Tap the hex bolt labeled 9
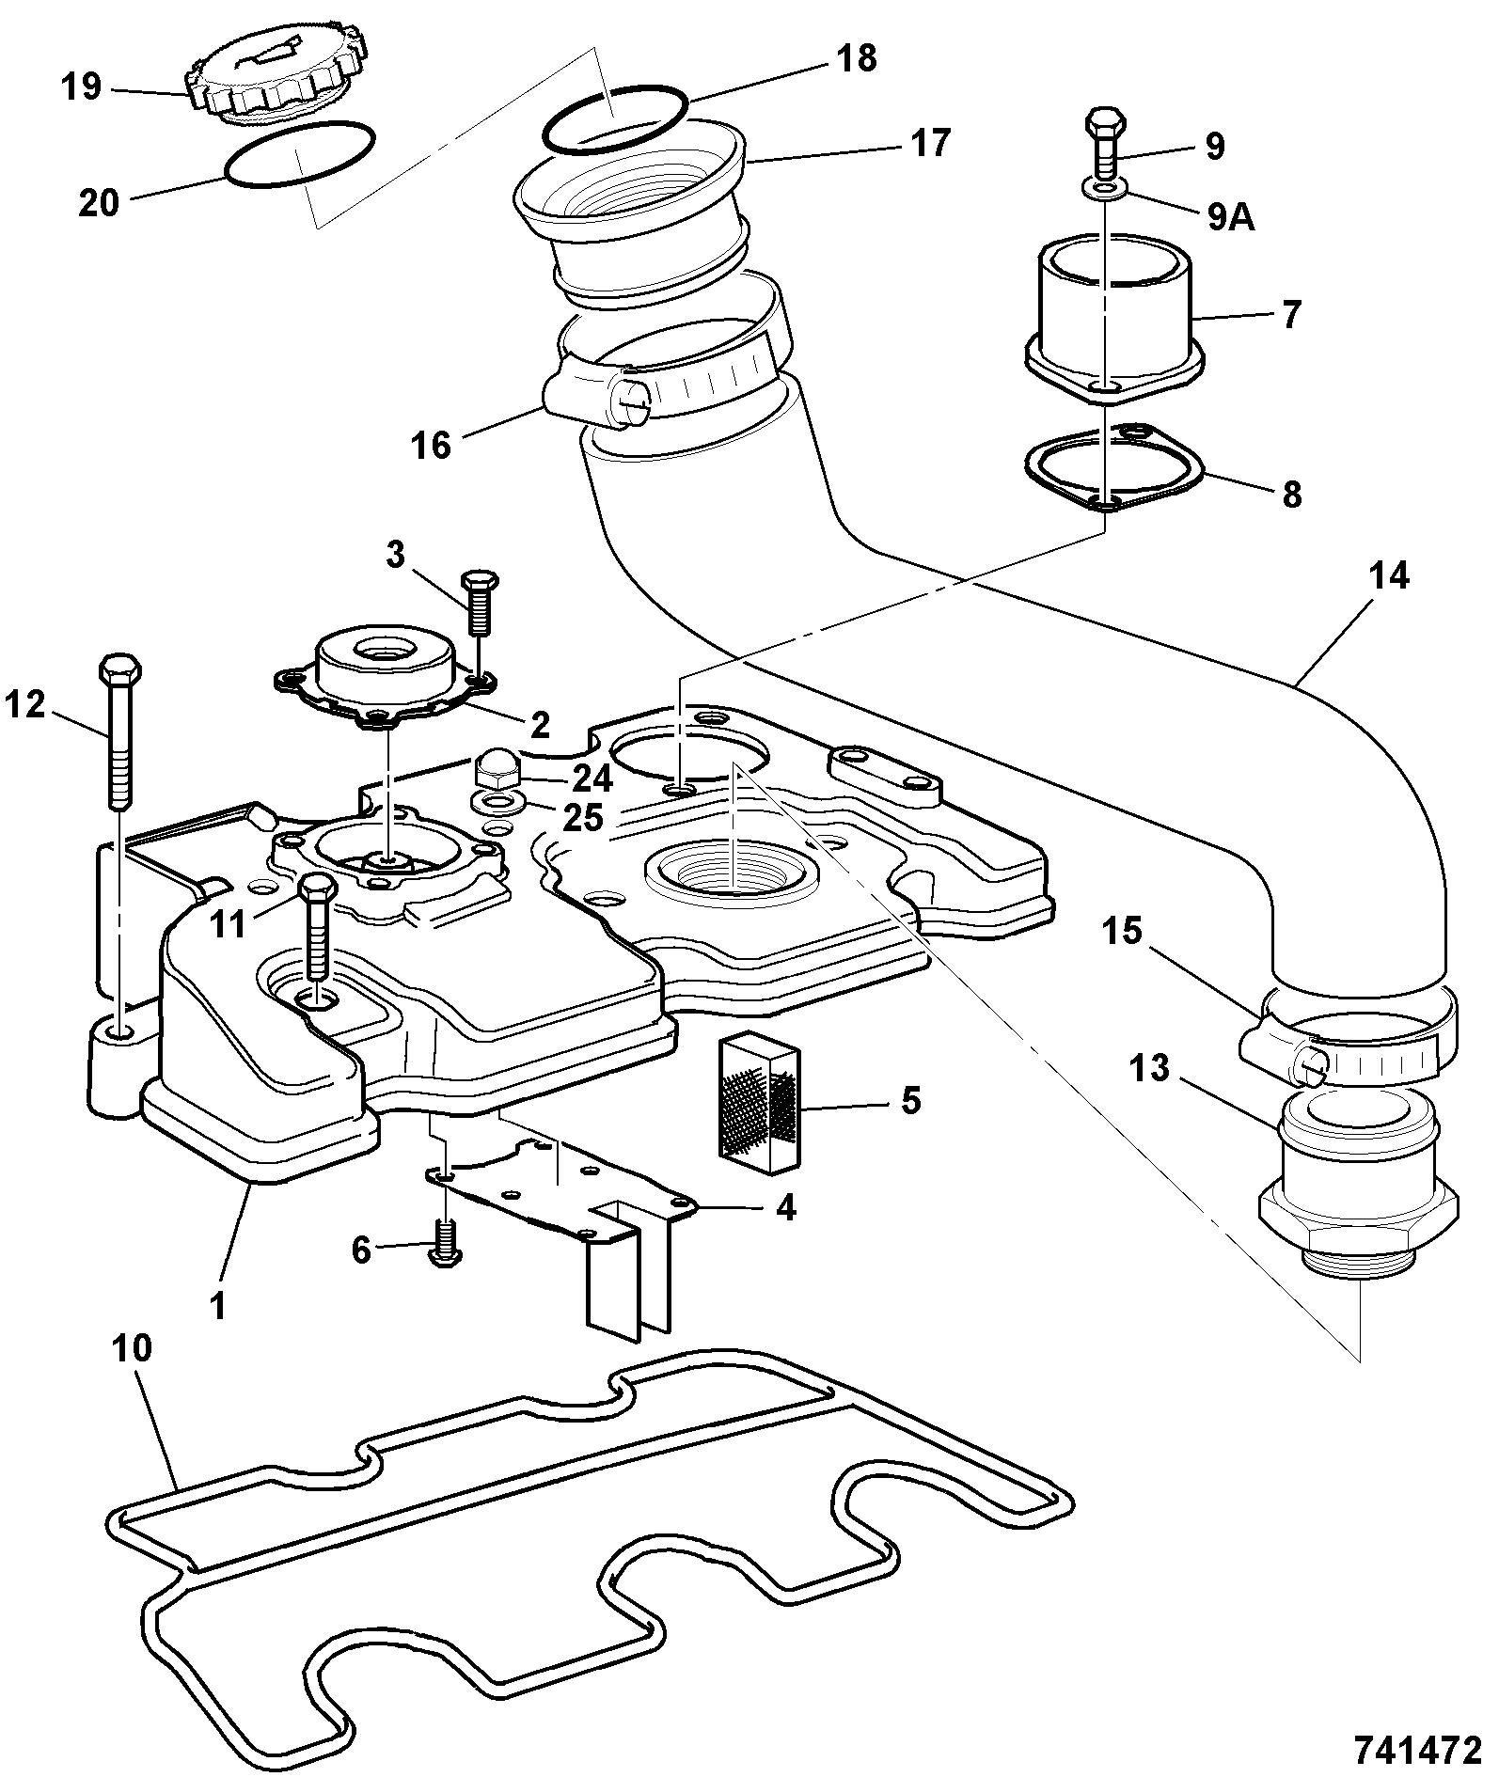(1105, 143)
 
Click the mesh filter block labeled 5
(760, 1104)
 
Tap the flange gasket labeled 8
(1116, 470)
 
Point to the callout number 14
(1390, 575)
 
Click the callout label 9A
(1229, 217)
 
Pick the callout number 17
(929, 143)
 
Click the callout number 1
(218, 1306)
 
